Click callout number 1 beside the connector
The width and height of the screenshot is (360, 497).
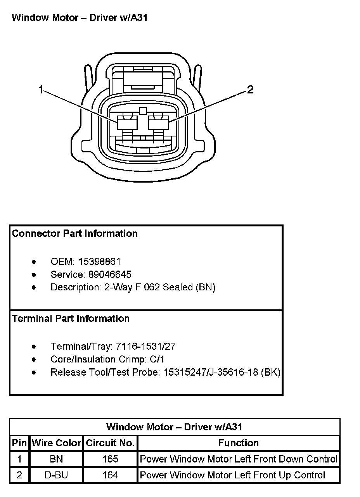point(41,90)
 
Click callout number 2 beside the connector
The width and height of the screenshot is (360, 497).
point(250,90)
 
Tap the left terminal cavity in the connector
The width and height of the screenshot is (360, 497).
point(128,124)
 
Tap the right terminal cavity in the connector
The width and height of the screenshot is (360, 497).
point(159,124)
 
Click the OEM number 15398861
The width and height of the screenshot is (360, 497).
point(99,262)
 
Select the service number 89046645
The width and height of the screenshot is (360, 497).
point(110,274)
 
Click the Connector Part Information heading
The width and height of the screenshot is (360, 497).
point(75,233)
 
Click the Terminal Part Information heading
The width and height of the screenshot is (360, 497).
point(71,318)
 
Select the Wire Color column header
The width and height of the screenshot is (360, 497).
point(56,443)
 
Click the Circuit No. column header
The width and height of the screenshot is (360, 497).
point(110,443)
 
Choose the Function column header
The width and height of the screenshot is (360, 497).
point(238,443)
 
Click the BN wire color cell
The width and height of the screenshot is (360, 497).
point(56,459)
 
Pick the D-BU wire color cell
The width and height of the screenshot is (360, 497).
point(56,475)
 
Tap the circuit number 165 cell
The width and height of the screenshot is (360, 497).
point(110,459)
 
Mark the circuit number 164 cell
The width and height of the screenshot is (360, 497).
point(110,475)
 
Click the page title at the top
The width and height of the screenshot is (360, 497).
point(80,17)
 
